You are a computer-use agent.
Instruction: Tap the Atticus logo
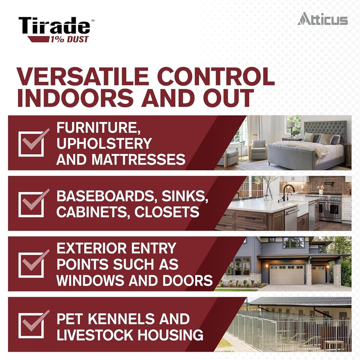click(x=322, y=19)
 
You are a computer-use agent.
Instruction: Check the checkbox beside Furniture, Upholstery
click(x=32, y=143)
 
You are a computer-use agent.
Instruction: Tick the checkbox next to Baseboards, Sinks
click(x=32, y=204)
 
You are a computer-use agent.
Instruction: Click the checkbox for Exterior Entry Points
click(x=32, y=264)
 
